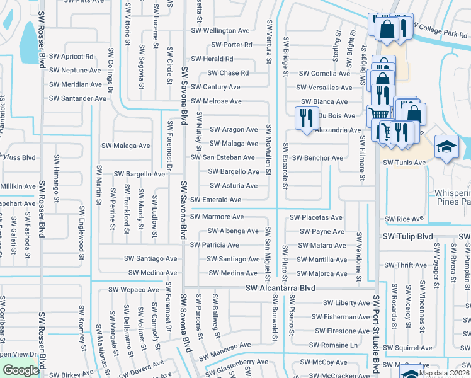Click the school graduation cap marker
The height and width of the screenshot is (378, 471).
point(446,147)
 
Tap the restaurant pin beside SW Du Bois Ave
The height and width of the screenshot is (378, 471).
point(305,118)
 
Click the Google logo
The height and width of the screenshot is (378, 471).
point(20,370)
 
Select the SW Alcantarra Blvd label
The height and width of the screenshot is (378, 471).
point(280,288)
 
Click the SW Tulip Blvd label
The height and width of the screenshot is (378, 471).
point(408,236)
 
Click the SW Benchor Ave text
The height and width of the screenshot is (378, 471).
point(318,157)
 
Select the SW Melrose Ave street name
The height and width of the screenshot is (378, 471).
point(216,101)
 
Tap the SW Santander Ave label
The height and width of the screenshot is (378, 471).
point(77,98)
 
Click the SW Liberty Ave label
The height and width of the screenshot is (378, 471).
point(346,302)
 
